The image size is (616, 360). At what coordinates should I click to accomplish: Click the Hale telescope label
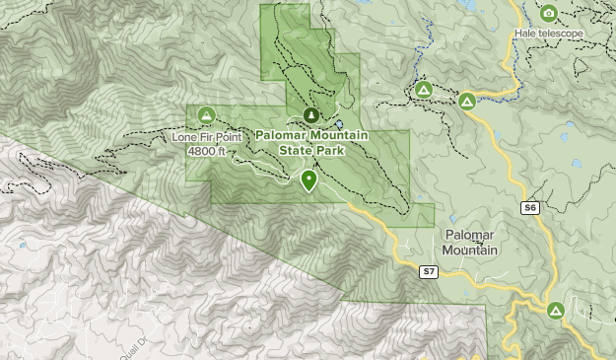pos(549,34)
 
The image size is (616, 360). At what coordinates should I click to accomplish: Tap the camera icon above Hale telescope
pos(549,13)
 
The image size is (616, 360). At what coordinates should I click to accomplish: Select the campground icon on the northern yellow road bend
pos(467,101)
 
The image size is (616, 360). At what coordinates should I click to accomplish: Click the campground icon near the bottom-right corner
pos(556,310)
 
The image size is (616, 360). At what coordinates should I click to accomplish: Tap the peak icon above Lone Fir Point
pos(207,115)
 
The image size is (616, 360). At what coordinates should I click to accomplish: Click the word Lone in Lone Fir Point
pos(185,136)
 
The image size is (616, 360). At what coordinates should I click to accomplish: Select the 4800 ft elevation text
pos(206,151)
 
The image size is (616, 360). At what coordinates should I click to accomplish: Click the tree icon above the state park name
pos(310,115)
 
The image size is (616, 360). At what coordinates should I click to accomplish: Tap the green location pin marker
pos(309,180)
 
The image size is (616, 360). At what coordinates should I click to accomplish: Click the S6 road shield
pos(531,207)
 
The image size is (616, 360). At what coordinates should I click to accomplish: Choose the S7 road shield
pos(429,271)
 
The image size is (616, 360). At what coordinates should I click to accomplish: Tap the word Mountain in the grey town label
pos(470,251)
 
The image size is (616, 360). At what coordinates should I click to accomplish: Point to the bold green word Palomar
pos(281,135)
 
